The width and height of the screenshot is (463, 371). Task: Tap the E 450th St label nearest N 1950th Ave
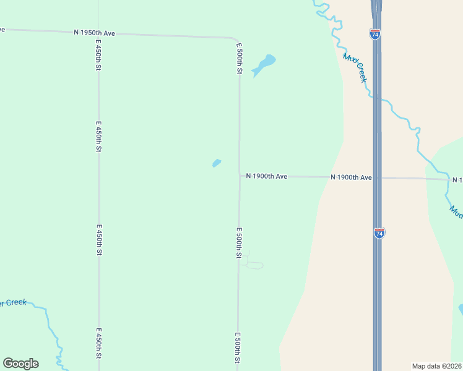click(x=98, y=56)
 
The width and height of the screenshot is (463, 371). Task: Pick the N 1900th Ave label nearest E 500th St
click(x=267, y=176)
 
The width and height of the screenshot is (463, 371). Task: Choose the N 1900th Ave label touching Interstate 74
click(x=351, y=177)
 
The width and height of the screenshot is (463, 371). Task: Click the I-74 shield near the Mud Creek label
click(x=375, y=34)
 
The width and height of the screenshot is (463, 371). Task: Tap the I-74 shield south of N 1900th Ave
click(x=379, y=233)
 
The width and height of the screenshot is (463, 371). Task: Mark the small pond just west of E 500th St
click(x=217, y=163)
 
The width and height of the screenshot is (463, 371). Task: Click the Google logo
click(x=21, y=364)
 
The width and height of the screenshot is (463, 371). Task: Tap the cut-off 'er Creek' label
click(x=13, y=303)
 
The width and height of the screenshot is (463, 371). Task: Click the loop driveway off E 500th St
click(x=254, y=265)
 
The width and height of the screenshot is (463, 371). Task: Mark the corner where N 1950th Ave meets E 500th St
click(x=237, y=38)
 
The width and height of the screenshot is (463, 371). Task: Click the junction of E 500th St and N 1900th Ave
click(x=240, y=176)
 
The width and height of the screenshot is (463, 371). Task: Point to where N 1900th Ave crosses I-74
click(x=377, y=177)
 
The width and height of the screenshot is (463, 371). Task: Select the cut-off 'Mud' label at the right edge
click(x=456, y=211)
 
